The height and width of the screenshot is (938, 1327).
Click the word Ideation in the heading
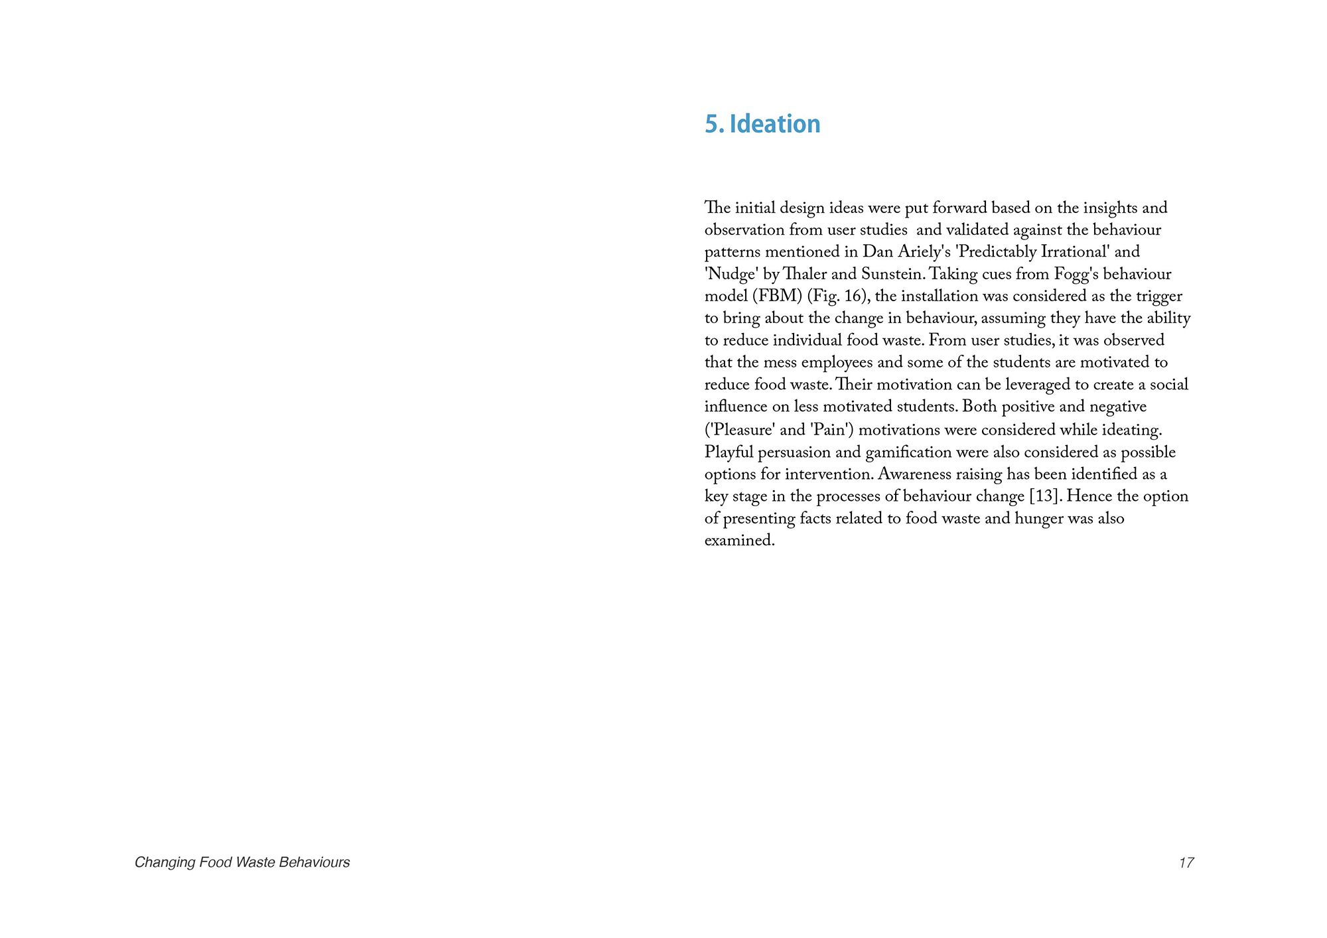(x=774, y=124)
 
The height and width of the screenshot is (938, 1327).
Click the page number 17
(x=1186, y=862)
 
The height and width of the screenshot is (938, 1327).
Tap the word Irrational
(x=1076, y=252)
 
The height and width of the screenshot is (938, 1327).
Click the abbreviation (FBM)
(x=777, y=297)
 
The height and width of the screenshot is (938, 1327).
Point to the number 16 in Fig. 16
(x=855, y=297)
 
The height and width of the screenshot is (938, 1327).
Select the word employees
(x=837, y=363)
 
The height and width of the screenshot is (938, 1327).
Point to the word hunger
(x=1039, y=519)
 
